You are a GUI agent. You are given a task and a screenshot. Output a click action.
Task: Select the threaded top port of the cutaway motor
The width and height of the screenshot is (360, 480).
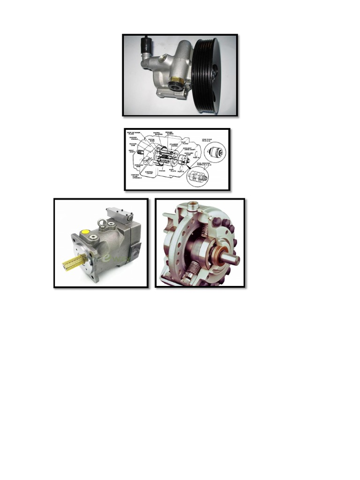coord(193,206)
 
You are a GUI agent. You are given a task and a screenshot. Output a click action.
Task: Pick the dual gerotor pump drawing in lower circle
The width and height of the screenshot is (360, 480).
coord(198,177)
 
